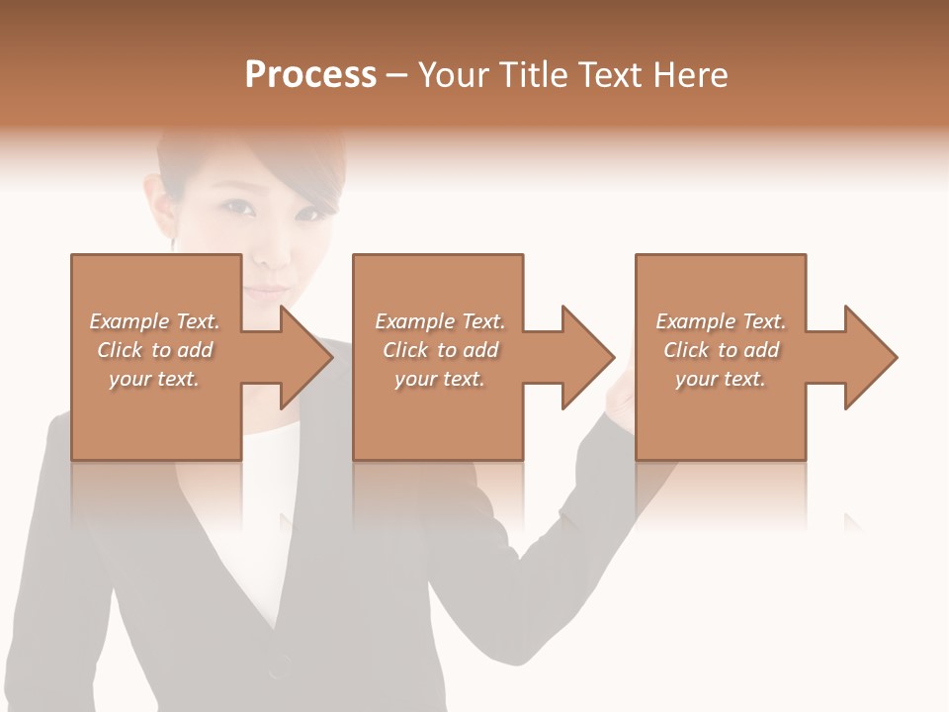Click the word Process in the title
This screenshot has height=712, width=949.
pos(310,75)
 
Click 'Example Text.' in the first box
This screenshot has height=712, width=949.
pos(154,321)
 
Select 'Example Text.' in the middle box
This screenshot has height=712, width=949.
pos(440,321)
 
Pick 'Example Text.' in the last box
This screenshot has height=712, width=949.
pos(721,321)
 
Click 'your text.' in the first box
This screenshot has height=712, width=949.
pos(154,379)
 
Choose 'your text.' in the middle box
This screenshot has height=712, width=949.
pos(440,379)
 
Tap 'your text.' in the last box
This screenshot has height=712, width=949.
pos(721,379)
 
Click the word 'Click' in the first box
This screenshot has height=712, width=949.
pos(120,350)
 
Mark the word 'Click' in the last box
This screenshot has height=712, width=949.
pos(687,350)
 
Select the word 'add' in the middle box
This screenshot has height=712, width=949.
pos(480,350)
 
